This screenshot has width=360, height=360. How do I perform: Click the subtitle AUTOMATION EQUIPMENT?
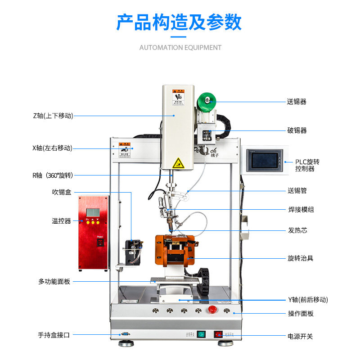pos(180,47)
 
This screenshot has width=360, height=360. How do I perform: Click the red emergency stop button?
pos(212,310)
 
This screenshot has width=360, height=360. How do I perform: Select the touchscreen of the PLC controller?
pos(265,160)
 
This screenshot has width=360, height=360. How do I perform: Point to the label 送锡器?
pos(297,102)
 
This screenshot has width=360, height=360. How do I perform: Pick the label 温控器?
pos(62,220)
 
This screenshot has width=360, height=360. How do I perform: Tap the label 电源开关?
pos(300,336)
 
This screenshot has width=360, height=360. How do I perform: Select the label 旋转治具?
pos(301,258)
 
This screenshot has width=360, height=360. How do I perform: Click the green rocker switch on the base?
pos(201,334)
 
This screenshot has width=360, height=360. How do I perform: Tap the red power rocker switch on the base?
pos(218,334)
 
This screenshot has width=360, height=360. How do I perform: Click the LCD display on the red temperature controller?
pos(93,212)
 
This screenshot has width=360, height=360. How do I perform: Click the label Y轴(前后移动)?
pos(308,300)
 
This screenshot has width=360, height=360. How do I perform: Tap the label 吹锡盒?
pos(62,192)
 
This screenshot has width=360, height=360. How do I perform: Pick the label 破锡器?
pos(297,130)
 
